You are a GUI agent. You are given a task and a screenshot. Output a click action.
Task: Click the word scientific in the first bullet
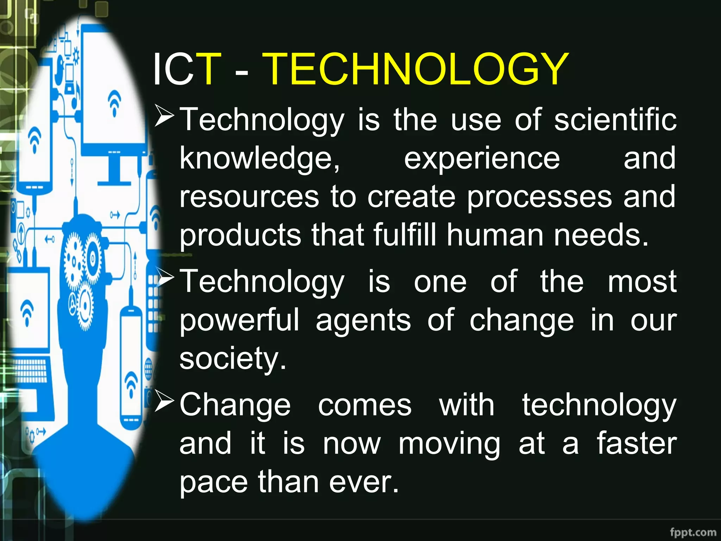point(615,120)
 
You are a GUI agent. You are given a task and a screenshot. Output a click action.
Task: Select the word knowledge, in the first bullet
point(260,158)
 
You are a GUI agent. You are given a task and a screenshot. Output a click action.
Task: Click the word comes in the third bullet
point(365,405)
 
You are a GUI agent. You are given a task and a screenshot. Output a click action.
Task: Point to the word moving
point(449,444)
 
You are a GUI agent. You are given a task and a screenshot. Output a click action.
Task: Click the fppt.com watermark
point(693,532)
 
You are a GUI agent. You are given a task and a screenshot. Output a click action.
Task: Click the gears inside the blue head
point(83,268)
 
